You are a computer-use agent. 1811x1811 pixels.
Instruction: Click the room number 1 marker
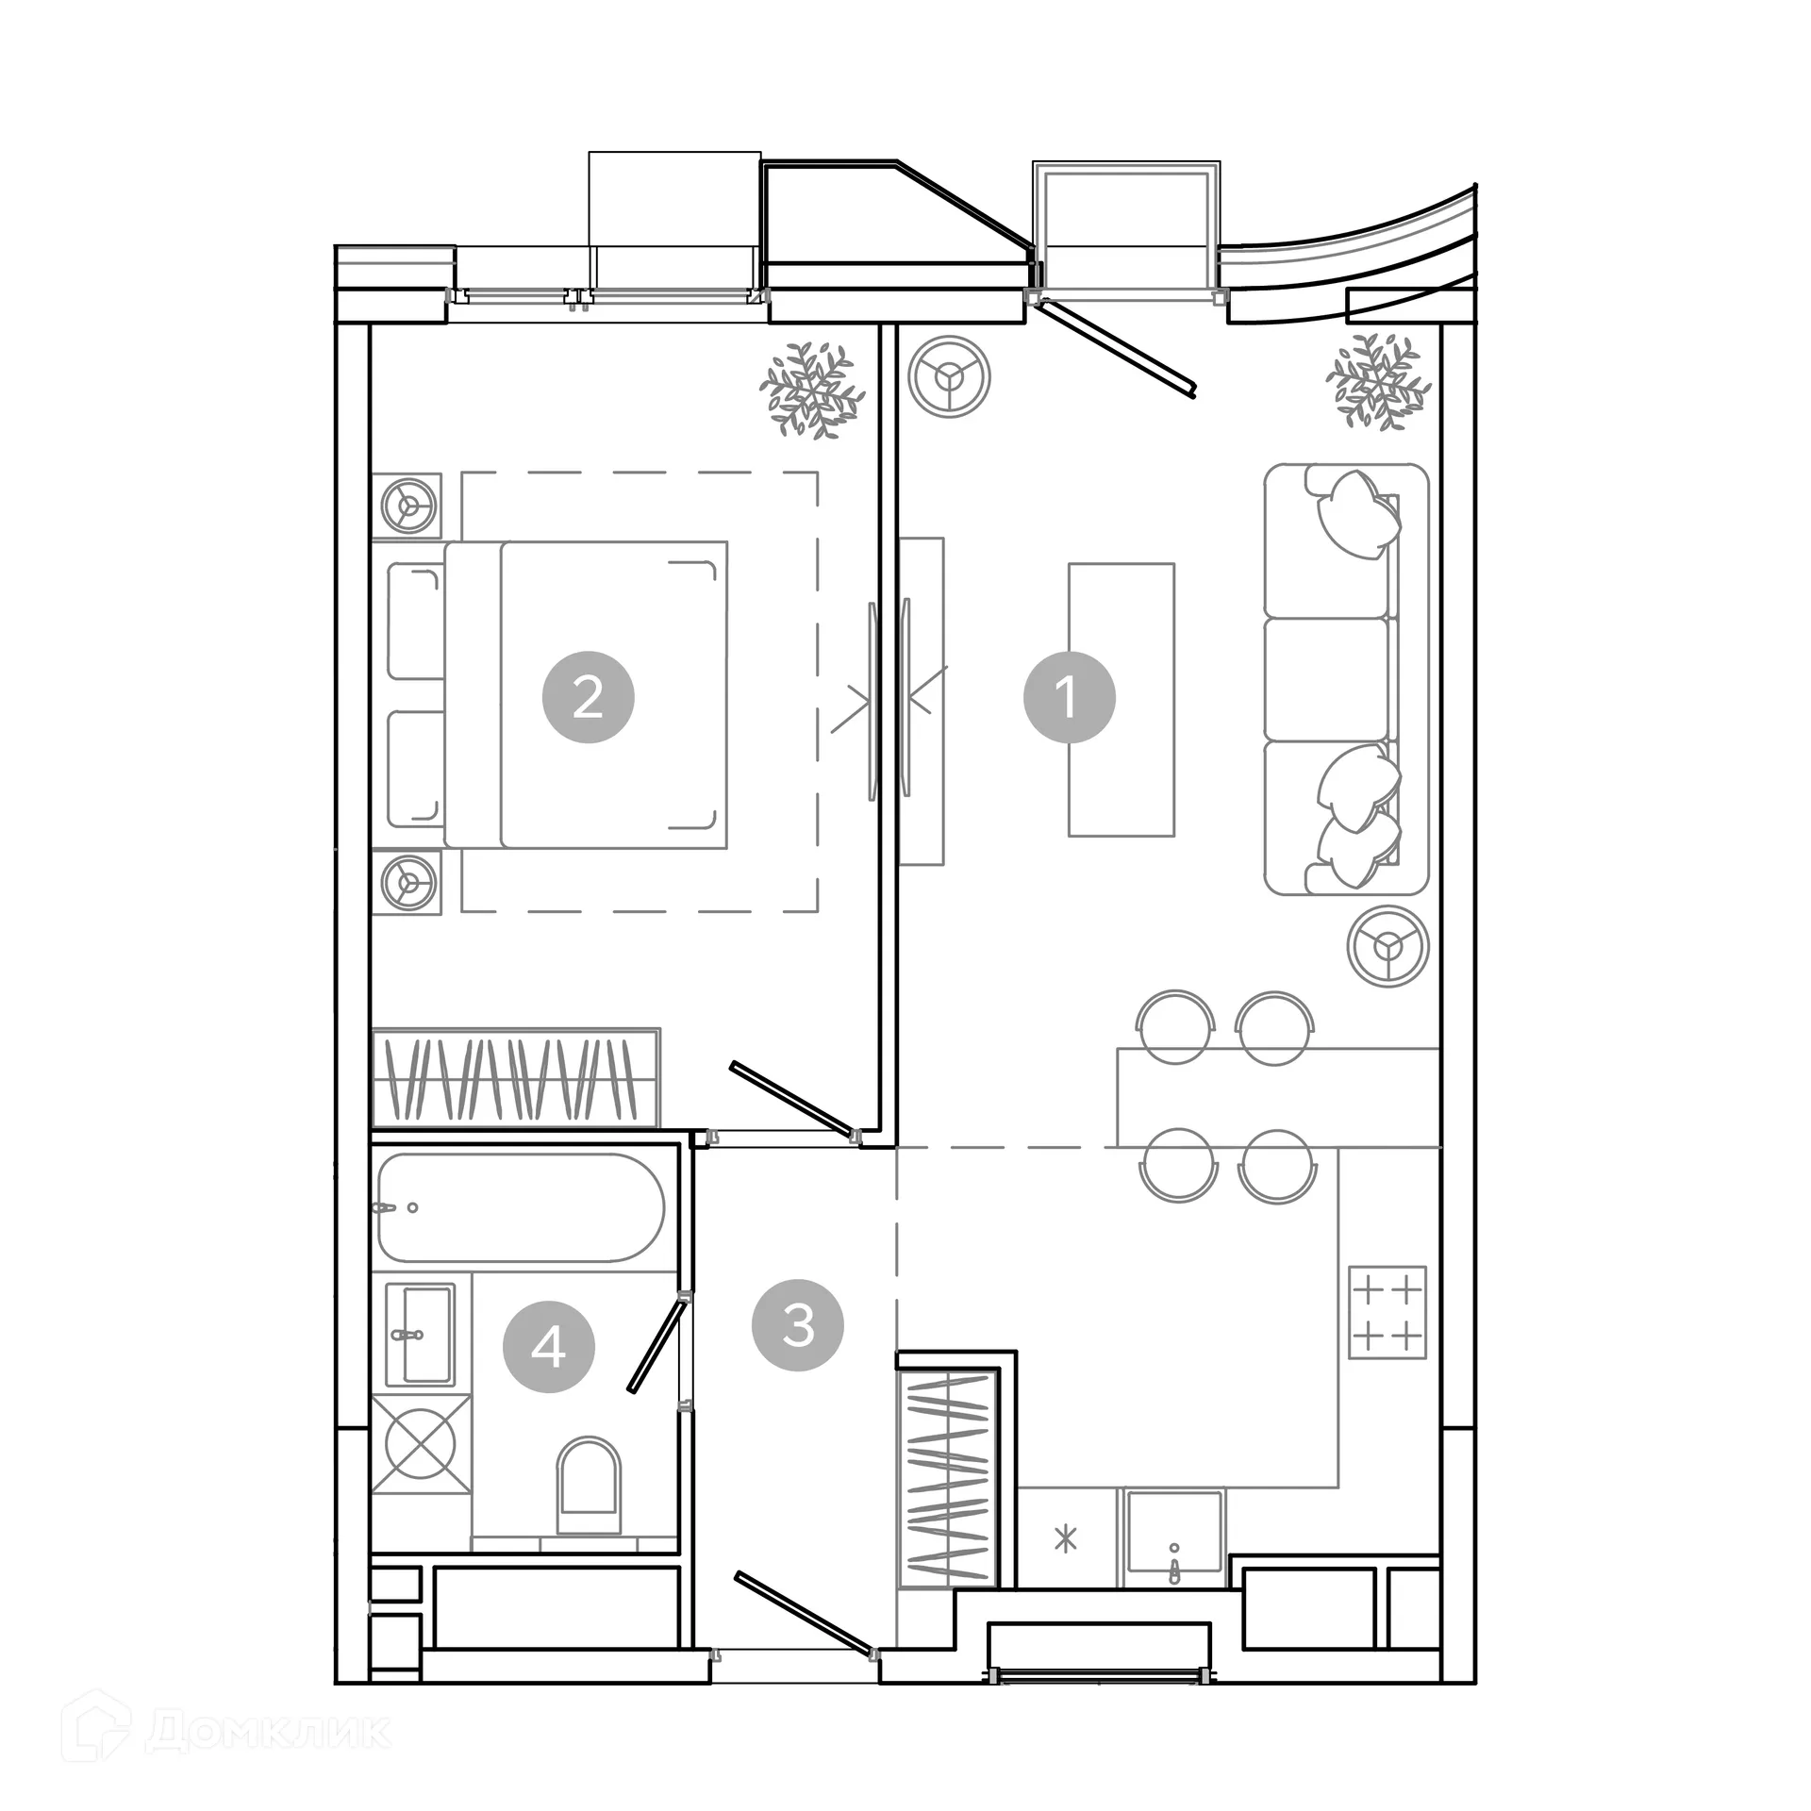pos(1069,697)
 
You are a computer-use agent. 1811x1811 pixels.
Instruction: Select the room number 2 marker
pos(588,697)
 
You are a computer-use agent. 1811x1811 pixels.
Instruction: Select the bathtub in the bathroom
pos(521,1207)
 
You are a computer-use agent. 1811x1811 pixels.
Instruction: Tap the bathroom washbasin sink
pos(421,1333)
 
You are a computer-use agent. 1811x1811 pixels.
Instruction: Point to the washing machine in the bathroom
pos(421,1443)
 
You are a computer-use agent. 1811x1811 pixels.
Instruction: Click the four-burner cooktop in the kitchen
pos(1387,1312)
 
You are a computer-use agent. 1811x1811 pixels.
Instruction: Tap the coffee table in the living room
pos(1121,699)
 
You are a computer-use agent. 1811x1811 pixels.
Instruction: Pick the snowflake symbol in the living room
pos(1378,382)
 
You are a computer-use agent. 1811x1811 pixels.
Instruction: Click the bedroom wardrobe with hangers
pos(516,1077)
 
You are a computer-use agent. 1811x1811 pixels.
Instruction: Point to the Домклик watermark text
pos(269,1729)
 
